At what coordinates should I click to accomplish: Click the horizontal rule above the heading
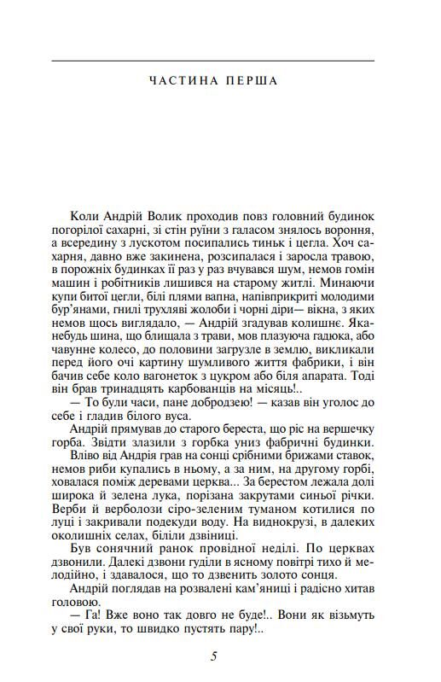click(x=213, y=61)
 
